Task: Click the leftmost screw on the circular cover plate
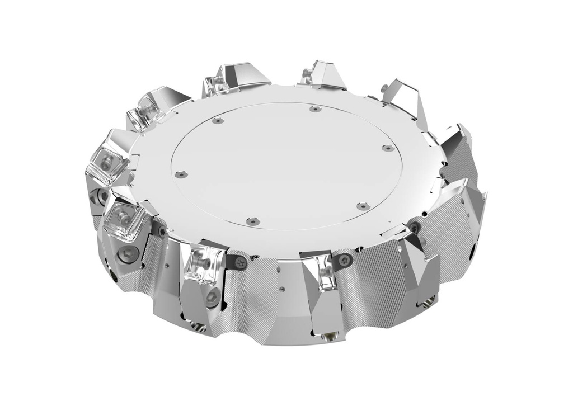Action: coord(180,174)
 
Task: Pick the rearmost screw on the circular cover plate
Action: coord(314,108)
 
